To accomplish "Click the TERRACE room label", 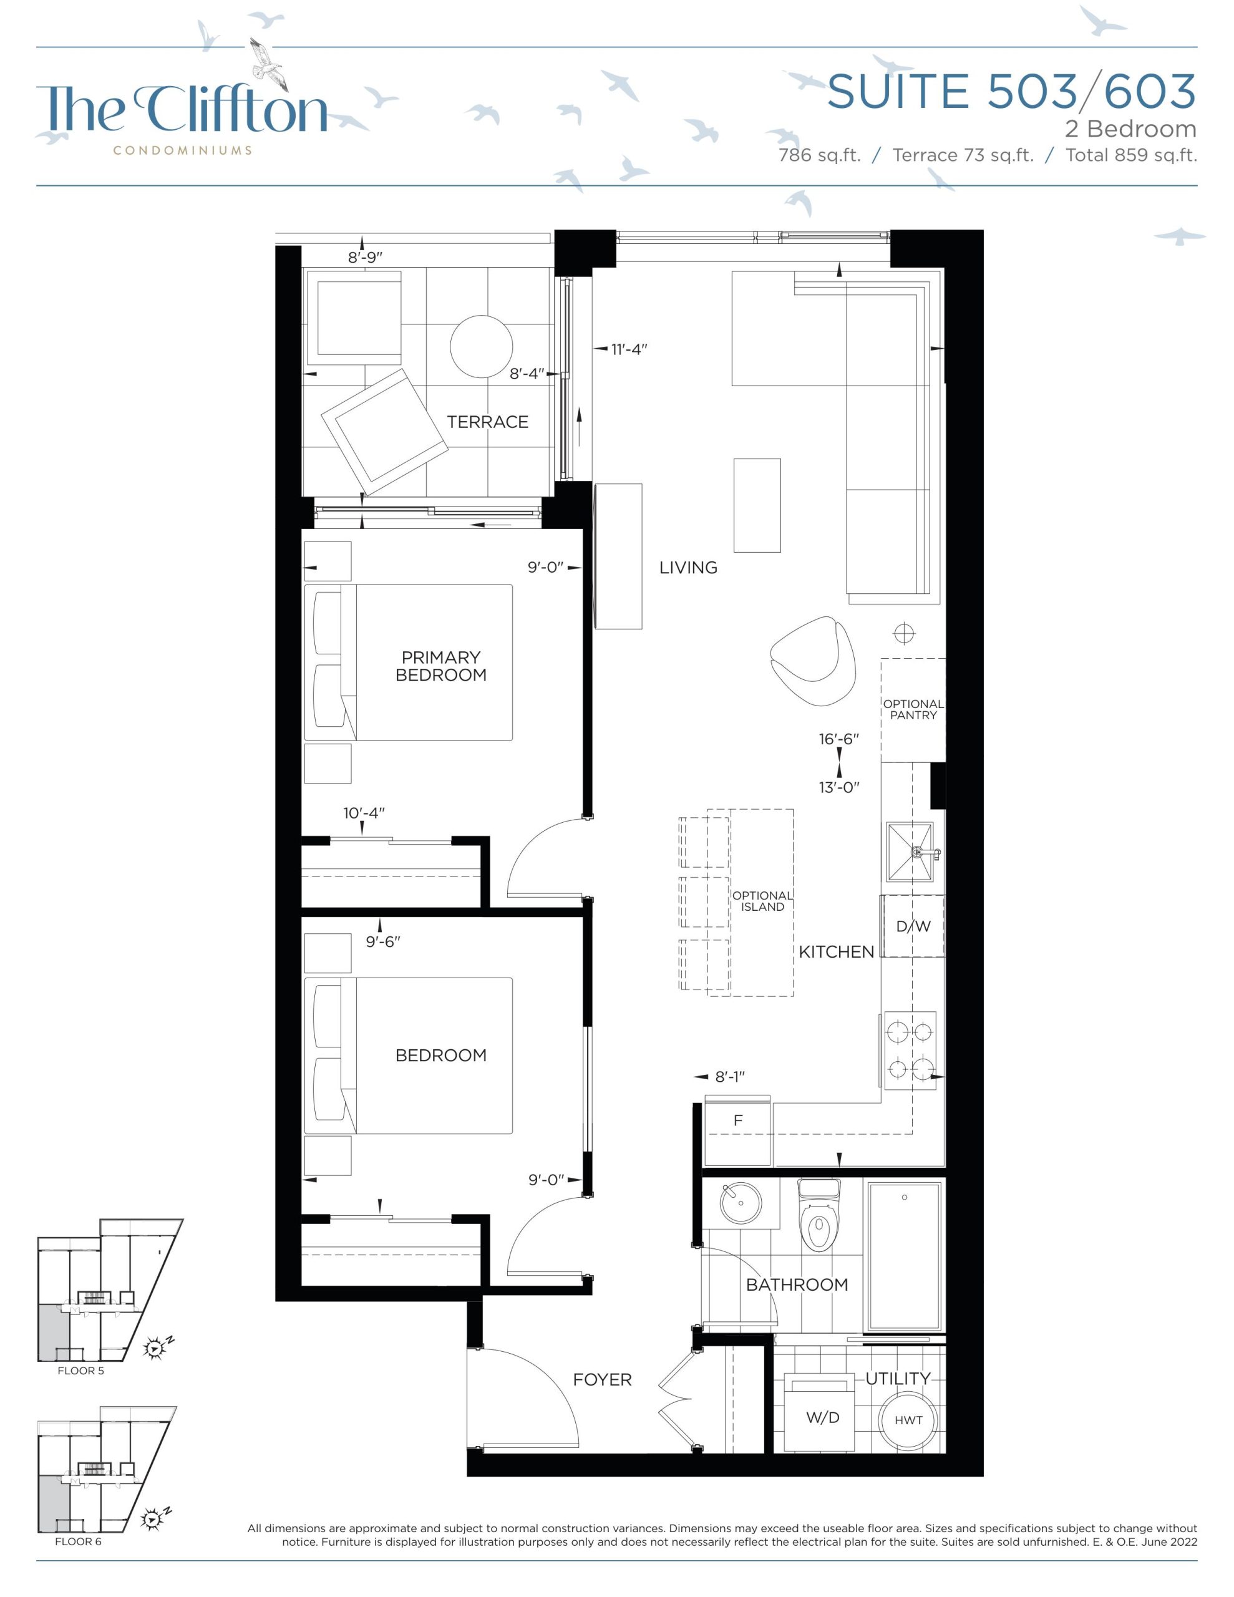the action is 487,422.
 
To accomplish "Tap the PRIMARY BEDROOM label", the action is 441,666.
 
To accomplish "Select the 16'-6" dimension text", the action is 839,739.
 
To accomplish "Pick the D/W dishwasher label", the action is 913,926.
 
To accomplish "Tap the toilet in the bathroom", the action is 819,1216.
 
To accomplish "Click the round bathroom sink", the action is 741,1203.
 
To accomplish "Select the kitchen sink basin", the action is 910,852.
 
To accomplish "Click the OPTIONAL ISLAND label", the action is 762,901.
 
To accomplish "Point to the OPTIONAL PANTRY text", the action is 913,709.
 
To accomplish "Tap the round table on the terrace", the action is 482,347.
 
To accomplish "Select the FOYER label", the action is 602,1380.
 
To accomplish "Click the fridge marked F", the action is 737,1131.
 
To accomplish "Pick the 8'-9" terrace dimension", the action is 365,258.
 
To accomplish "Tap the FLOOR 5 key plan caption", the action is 81,1371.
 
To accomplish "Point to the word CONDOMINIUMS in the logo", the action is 183,150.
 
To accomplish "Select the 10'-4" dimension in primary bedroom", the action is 364,813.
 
